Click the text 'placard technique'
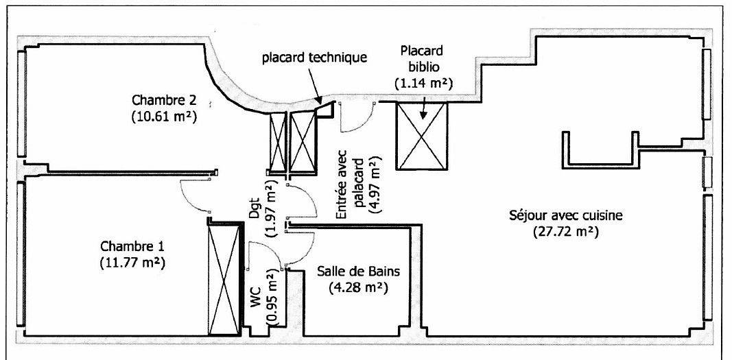316,58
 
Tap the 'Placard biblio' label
423,59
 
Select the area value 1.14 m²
423,82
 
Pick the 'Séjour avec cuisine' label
566,215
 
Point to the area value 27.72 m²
566,232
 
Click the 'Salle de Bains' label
359,271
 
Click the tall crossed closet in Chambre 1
225,278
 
